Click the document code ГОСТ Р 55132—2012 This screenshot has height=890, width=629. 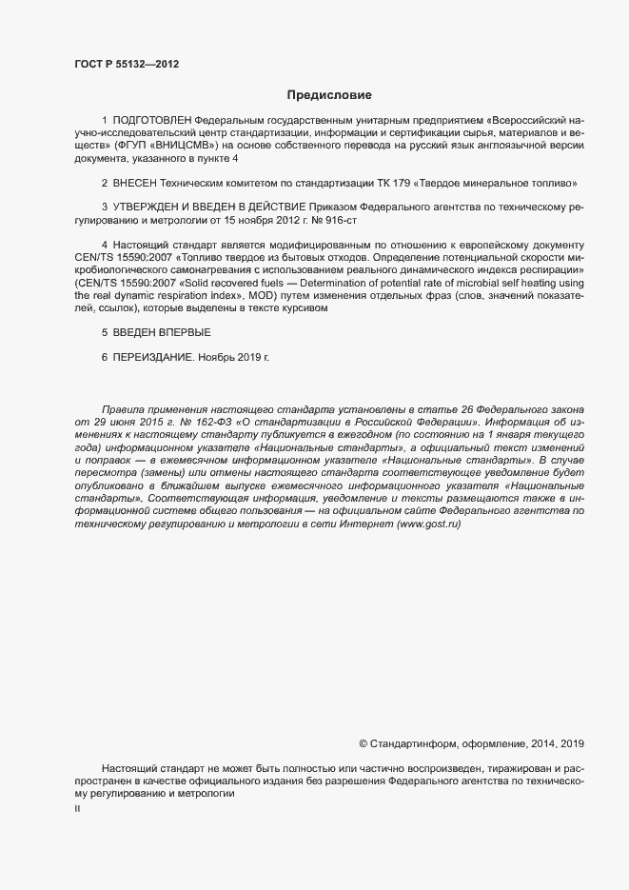pos(126,64)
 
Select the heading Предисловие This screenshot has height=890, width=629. pos(329,95)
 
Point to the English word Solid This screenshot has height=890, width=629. pos(196,283)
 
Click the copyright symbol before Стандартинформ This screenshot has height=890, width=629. pos(363,742)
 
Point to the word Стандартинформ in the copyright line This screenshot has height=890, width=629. pos(412,742)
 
